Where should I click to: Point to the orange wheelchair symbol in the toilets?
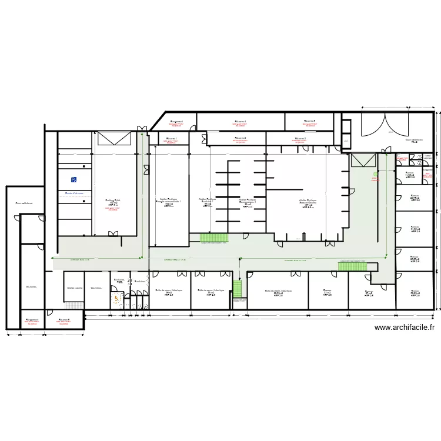[117, 299]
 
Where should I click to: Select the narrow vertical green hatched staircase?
[238, 288]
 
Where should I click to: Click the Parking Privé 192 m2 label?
[113, 202]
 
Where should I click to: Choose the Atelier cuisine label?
[75, 288]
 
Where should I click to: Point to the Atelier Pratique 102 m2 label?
[168, 202]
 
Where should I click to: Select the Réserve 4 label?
[240, 122]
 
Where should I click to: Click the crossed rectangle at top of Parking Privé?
[113, 139]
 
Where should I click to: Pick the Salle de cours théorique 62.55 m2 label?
[278, 292]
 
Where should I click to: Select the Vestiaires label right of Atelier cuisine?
[96, 288]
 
